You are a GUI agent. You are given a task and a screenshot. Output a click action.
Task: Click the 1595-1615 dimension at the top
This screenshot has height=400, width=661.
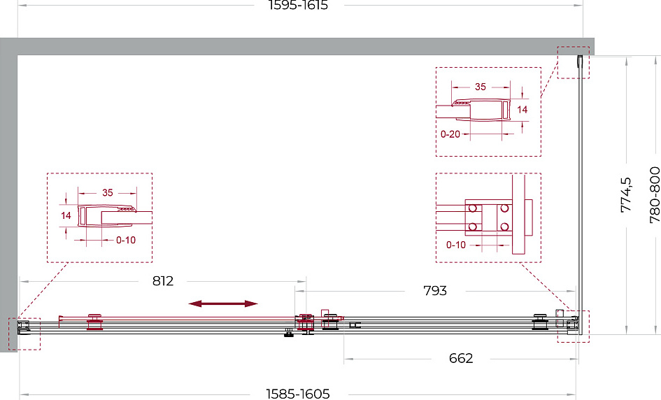299,6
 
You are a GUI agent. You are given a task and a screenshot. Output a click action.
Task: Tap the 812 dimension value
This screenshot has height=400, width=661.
163,281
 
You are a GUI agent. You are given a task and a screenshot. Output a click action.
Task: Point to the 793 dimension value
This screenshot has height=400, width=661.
435,291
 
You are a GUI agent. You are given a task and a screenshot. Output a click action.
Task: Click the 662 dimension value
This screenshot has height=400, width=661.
461,359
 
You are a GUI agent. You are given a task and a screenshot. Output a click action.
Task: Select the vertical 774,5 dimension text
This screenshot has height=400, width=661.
626,194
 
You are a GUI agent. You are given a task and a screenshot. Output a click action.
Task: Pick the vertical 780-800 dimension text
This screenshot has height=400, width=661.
654,194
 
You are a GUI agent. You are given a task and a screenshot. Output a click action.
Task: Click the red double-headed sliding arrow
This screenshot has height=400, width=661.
223,304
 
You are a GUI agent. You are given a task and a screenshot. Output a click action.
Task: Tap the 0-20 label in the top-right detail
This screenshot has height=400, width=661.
450,134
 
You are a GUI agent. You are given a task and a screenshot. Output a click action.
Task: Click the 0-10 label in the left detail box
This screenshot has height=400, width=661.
126,241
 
